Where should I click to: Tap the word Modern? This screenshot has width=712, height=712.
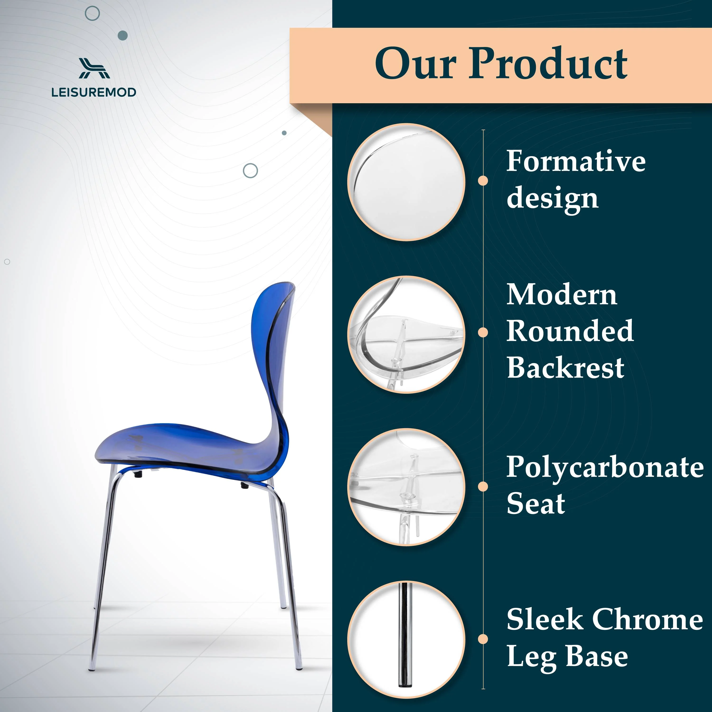pos(562,295)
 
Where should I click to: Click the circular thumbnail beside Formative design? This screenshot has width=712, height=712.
pos(406,182)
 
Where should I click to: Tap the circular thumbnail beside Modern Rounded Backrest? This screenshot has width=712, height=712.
pos(406,335)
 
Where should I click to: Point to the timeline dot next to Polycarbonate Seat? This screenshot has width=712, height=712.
pos(483,487)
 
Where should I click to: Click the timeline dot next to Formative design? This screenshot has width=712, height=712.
pos(483,181)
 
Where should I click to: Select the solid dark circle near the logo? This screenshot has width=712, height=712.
pos(123,35)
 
